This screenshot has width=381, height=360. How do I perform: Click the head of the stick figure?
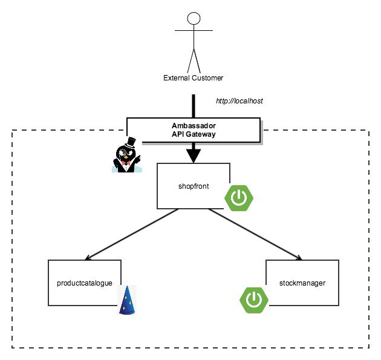coord(194,18)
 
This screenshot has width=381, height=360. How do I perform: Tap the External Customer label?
coord(194,77)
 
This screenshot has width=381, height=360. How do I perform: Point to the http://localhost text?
coord(239,100)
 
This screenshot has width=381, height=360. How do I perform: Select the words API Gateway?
coord(194,134)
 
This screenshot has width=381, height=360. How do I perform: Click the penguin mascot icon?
coord(126,157)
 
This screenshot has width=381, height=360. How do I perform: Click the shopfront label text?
coord(194,186)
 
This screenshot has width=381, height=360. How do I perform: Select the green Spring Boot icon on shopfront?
coord(239,198)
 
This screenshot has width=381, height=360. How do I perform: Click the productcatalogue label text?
coord(85,283)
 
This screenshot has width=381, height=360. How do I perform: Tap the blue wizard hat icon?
coord(127,300)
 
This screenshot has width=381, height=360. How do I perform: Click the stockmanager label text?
coord(302,283)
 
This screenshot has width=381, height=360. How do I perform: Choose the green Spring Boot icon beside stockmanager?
coord(255,299)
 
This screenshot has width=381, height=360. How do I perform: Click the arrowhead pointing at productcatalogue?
coord(90,257)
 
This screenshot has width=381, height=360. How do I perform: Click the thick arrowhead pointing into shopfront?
coord(194,156)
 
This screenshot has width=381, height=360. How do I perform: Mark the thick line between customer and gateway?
coord(194,105)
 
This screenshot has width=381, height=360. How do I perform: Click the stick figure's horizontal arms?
coord(194,30)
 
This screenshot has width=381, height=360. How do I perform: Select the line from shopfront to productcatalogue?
coord(133,234)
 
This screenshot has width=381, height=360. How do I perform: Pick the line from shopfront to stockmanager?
coord(254,234)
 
